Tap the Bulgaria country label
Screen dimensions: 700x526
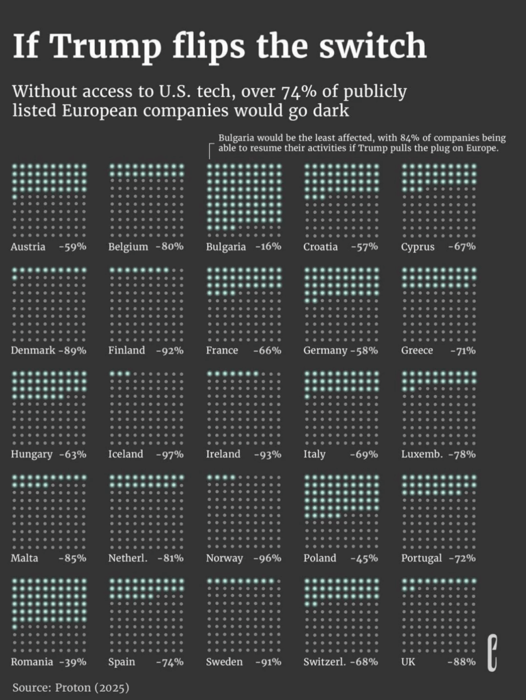coord(225,247)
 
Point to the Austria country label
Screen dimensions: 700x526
coord(28,247)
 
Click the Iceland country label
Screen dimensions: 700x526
coord(126,454)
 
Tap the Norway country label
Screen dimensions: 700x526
coord(224,558)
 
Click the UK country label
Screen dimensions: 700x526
coord(409,662)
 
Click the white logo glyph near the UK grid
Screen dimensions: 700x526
coord(491,651)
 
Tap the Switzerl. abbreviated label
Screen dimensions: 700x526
coord(326,662)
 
